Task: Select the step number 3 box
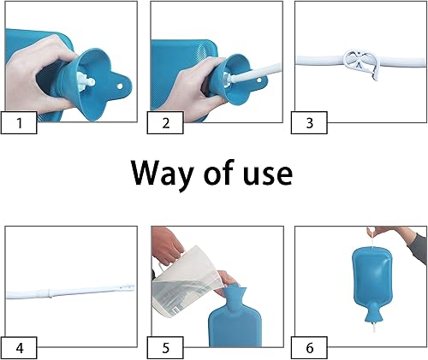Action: (309, 123)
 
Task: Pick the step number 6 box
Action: (309, 348)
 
